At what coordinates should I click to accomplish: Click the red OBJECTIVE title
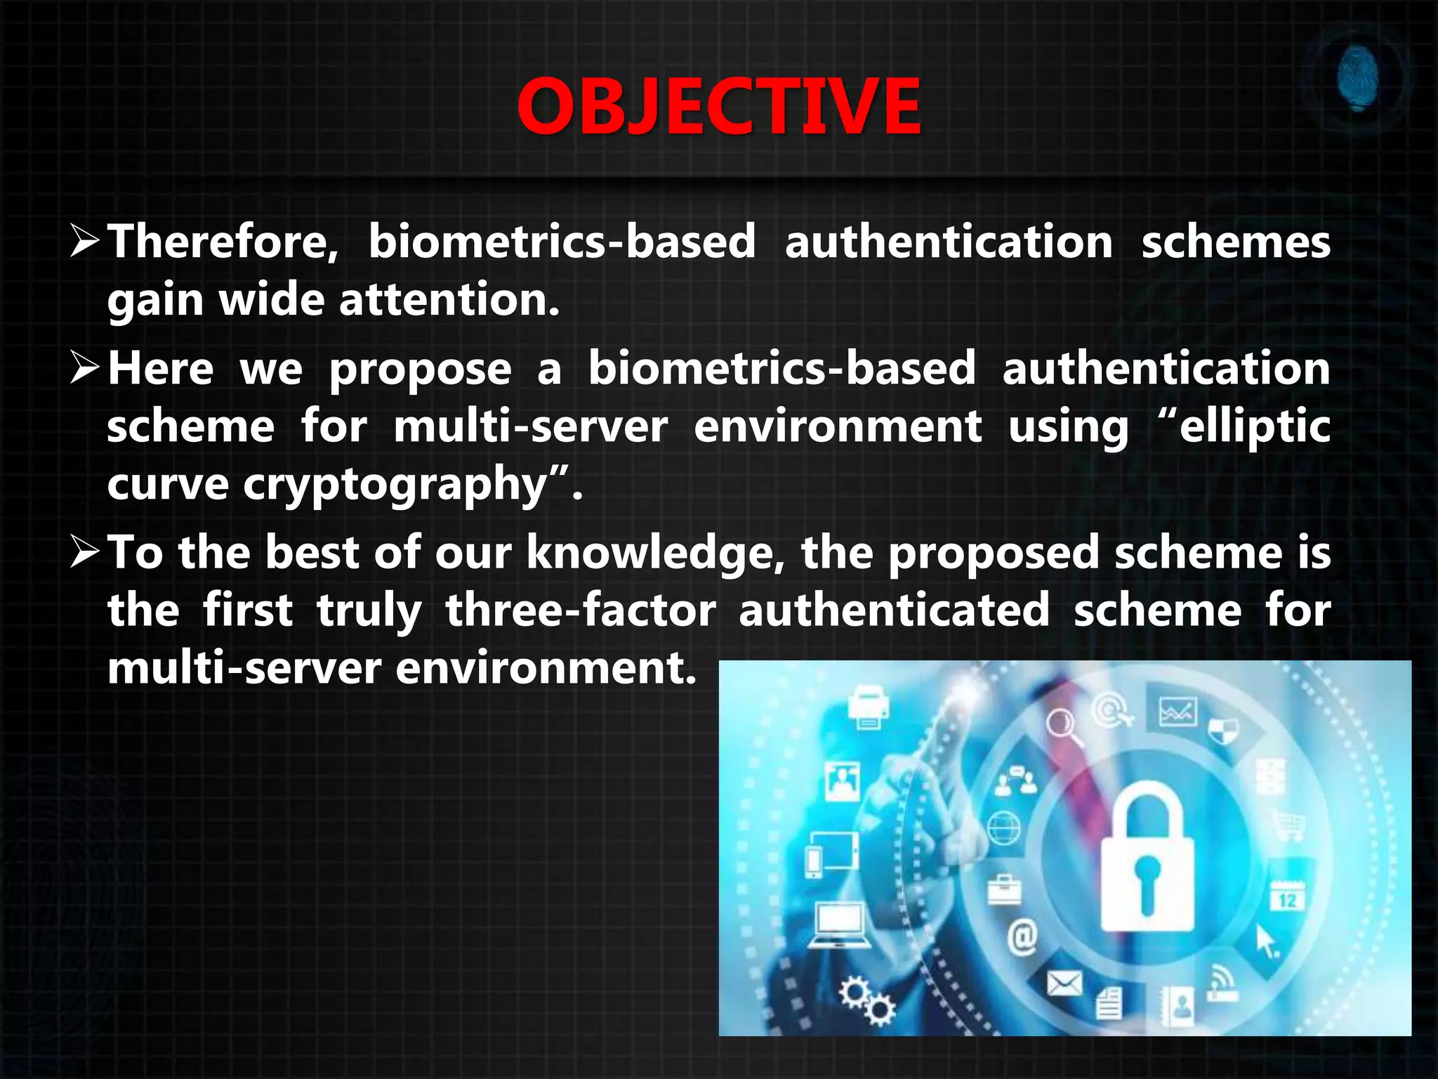(718, 107)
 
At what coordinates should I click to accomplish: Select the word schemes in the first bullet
(1235, 242)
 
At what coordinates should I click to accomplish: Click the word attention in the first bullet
(449, 299)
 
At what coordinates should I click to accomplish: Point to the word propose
(420, 370)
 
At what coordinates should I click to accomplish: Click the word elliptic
(1254, 427)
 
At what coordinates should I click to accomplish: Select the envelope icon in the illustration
(1064, 983)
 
